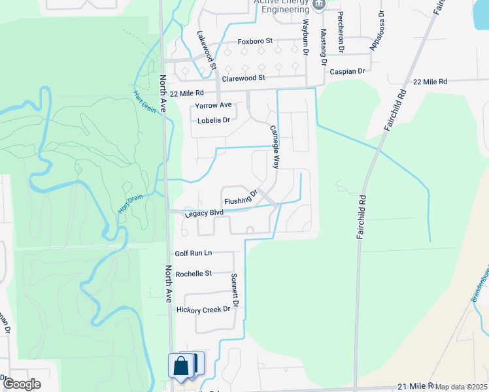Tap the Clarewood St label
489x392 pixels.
pyautogui.click(x=243, y=78)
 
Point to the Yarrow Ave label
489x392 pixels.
pyautogui.click(x=213, y=105)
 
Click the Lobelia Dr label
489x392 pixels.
pyautogui.click(x=214, y=120)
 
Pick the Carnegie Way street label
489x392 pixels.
pyautogui.click(x=275, y=140)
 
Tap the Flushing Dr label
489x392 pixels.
pyautogui.click(x=243, y=198)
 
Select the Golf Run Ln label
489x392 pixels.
pyautogui.click(x=194, y=253)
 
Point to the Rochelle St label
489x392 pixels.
pyautogui.click(x=194, y=274)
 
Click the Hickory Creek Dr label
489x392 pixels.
pyautogui.click(x=204, y=309)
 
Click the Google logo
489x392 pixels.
pyautogui.click(x=22, y=384)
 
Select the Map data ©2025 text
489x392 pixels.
pyautogui.click(x=462, y=387)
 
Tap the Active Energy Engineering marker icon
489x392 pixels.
pyautogui.click(x=319, y=4)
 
